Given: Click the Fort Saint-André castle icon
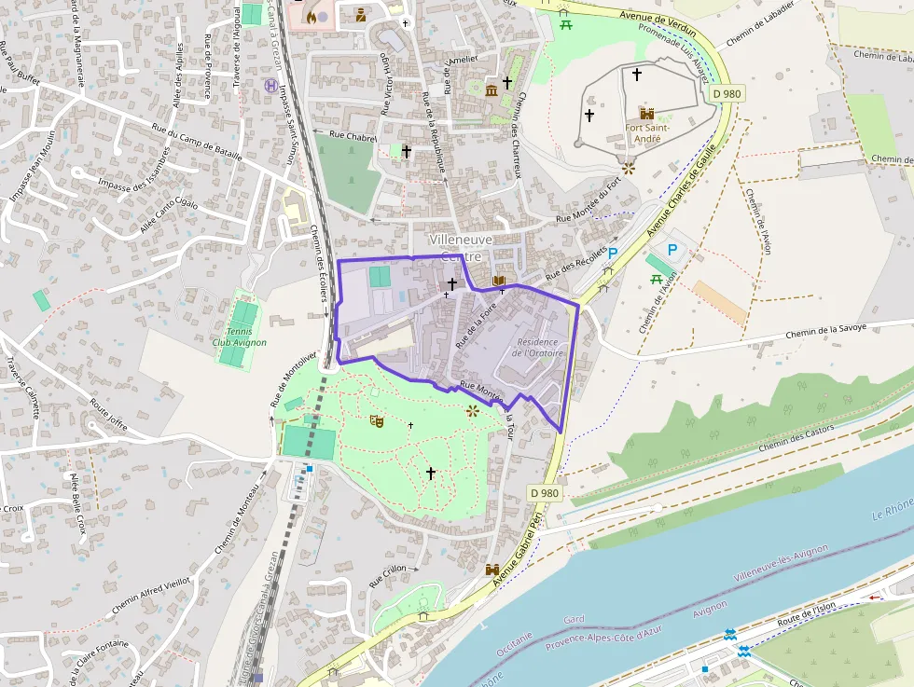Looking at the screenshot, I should pyautogui.click(x=646, y=112).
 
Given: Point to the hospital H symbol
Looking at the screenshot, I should pyautogui.click(x=270, y=85).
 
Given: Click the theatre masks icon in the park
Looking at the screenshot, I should pyautogui.click(x=377, y=421).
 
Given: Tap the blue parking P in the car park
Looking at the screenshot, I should pyautogui.click(x=672, y=250).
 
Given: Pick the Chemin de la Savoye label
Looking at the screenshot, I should pyautogui.click(x=825, y=328).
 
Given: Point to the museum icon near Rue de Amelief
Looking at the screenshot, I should pyautogui.click(x=492, y=89).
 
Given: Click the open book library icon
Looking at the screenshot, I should pyautogui.click(x=499, y=280).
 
